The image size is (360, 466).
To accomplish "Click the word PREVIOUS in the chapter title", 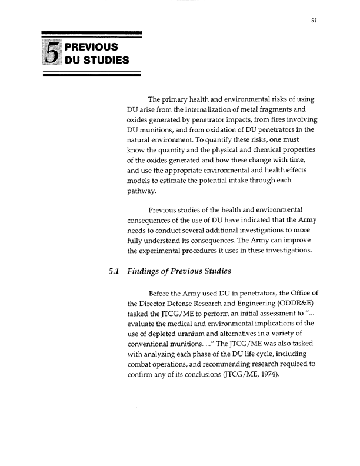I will [x=92, y=46].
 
